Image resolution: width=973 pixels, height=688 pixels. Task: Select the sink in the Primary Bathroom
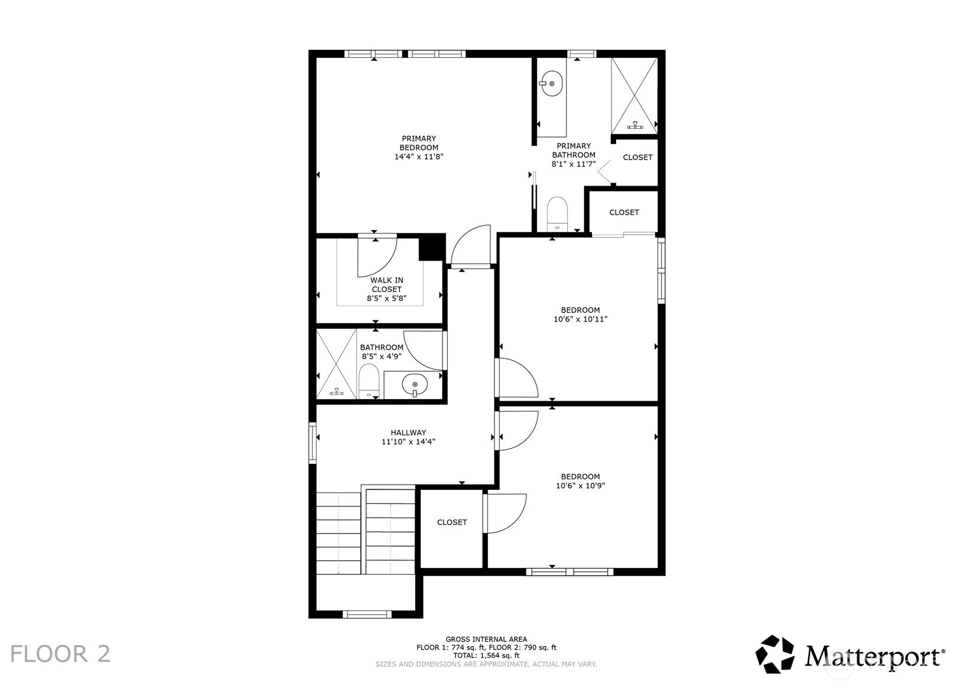(551, 83)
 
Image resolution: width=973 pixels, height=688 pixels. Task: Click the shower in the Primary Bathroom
(634, 96)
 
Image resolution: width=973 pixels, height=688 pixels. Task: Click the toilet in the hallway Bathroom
(369, 381)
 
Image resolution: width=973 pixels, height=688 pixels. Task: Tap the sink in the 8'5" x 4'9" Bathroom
(415, 385)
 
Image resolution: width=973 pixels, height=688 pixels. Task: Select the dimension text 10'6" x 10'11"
(580, 319)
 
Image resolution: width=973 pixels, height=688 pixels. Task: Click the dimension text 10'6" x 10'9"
(580, 486)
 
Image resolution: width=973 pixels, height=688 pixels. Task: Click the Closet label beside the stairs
(452, 523)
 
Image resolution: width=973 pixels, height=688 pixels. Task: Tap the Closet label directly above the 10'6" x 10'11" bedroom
(624, 212)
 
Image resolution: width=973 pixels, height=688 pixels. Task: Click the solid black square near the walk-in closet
(431, 247)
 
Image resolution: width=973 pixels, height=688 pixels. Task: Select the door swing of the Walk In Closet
(376, 257)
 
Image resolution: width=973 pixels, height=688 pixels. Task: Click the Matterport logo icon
(775, 654)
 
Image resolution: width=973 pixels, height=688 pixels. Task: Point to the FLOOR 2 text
(60, 654)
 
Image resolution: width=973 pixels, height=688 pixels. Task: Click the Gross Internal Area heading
(486, 640)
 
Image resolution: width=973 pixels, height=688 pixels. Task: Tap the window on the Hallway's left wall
(313, 442)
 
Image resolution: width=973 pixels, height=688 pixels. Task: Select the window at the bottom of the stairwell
(367, 615)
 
